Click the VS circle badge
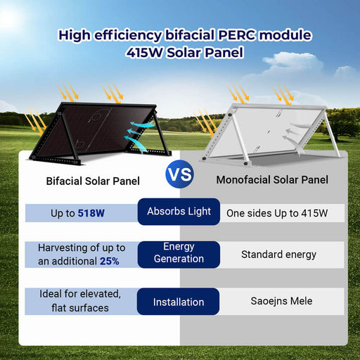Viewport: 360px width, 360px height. [180, 175]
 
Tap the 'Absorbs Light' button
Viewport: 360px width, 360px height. [179, 212]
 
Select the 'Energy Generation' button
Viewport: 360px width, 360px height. [179, 253]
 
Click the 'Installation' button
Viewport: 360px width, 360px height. [179, 302]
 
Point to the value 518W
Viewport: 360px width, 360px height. [91, 212]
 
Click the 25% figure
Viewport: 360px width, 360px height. [109, 261]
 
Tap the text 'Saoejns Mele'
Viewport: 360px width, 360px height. [281, 302]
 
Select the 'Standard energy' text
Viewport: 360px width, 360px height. [278, 254]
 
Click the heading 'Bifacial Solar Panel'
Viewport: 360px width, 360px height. [94, 181]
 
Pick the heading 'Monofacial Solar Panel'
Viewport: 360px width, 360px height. [272, 181]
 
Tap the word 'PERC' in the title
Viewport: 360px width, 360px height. [239, 34]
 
